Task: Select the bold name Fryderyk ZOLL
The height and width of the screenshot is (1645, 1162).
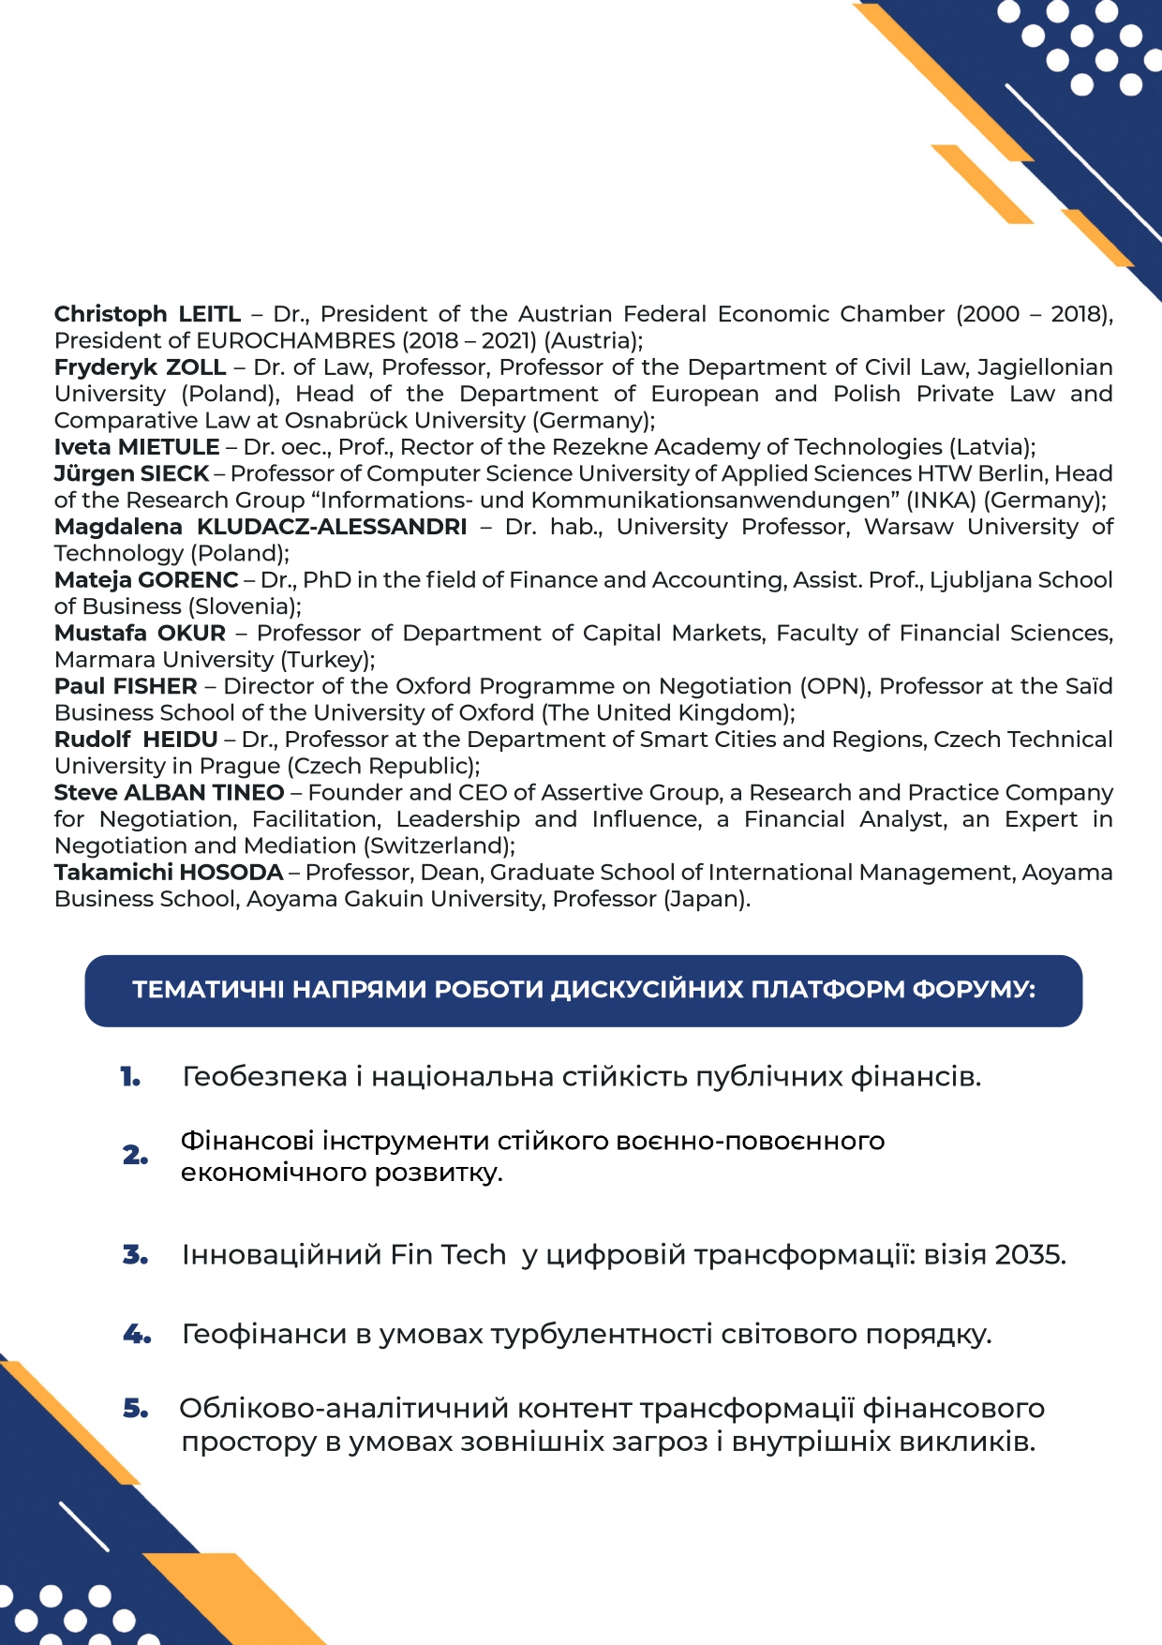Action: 140,367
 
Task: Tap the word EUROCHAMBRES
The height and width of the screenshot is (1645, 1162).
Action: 295,340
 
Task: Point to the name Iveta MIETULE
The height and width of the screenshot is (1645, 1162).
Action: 137,447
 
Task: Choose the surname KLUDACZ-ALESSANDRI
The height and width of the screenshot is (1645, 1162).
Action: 332,527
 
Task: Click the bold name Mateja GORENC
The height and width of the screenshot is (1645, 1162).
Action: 146,580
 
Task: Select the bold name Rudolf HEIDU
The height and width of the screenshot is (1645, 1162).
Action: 136,740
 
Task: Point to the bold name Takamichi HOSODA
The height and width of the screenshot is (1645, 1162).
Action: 169,873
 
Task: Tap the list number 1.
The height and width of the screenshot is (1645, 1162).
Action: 130,1078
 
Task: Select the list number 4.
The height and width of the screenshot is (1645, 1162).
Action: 137,1334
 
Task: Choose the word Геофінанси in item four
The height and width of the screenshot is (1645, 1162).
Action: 264,1334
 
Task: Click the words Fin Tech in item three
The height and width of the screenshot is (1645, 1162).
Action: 448,1254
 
